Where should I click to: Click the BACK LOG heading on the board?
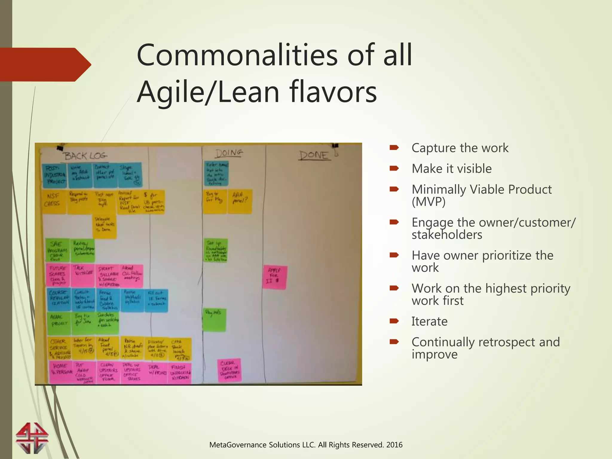pyautogui.click(x=85, y=156)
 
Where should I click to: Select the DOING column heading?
pyautogui.click(x=229, y=153)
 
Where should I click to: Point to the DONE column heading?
pyautogui.click(x=314, y=155)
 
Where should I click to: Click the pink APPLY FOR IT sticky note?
pyautogui.click(x=275, y=277)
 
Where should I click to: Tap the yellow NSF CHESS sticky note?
pyautogui.click(x=54, y=201)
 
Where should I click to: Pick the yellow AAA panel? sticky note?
pyautogui.click(x=240, y=201)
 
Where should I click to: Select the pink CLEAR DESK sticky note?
pyautogui.click(x=229, y=370)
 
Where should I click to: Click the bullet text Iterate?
pyautogui.click(x=429, y=322)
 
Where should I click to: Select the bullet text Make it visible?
pyautogui.click(x=452, y=169)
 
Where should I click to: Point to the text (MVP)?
pyautogui.click(x=429, y=202)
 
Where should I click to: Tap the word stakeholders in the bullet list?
pyautogui.click(x=447, y=235)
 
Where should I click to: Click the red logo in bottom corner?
pyautogui.click(x=32, y=438)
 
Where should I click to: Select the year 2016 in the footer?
pyautogui.click(x=394, y=445)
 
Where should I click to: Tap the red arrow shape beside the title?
pyautogui.click(x=45, y=65)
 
